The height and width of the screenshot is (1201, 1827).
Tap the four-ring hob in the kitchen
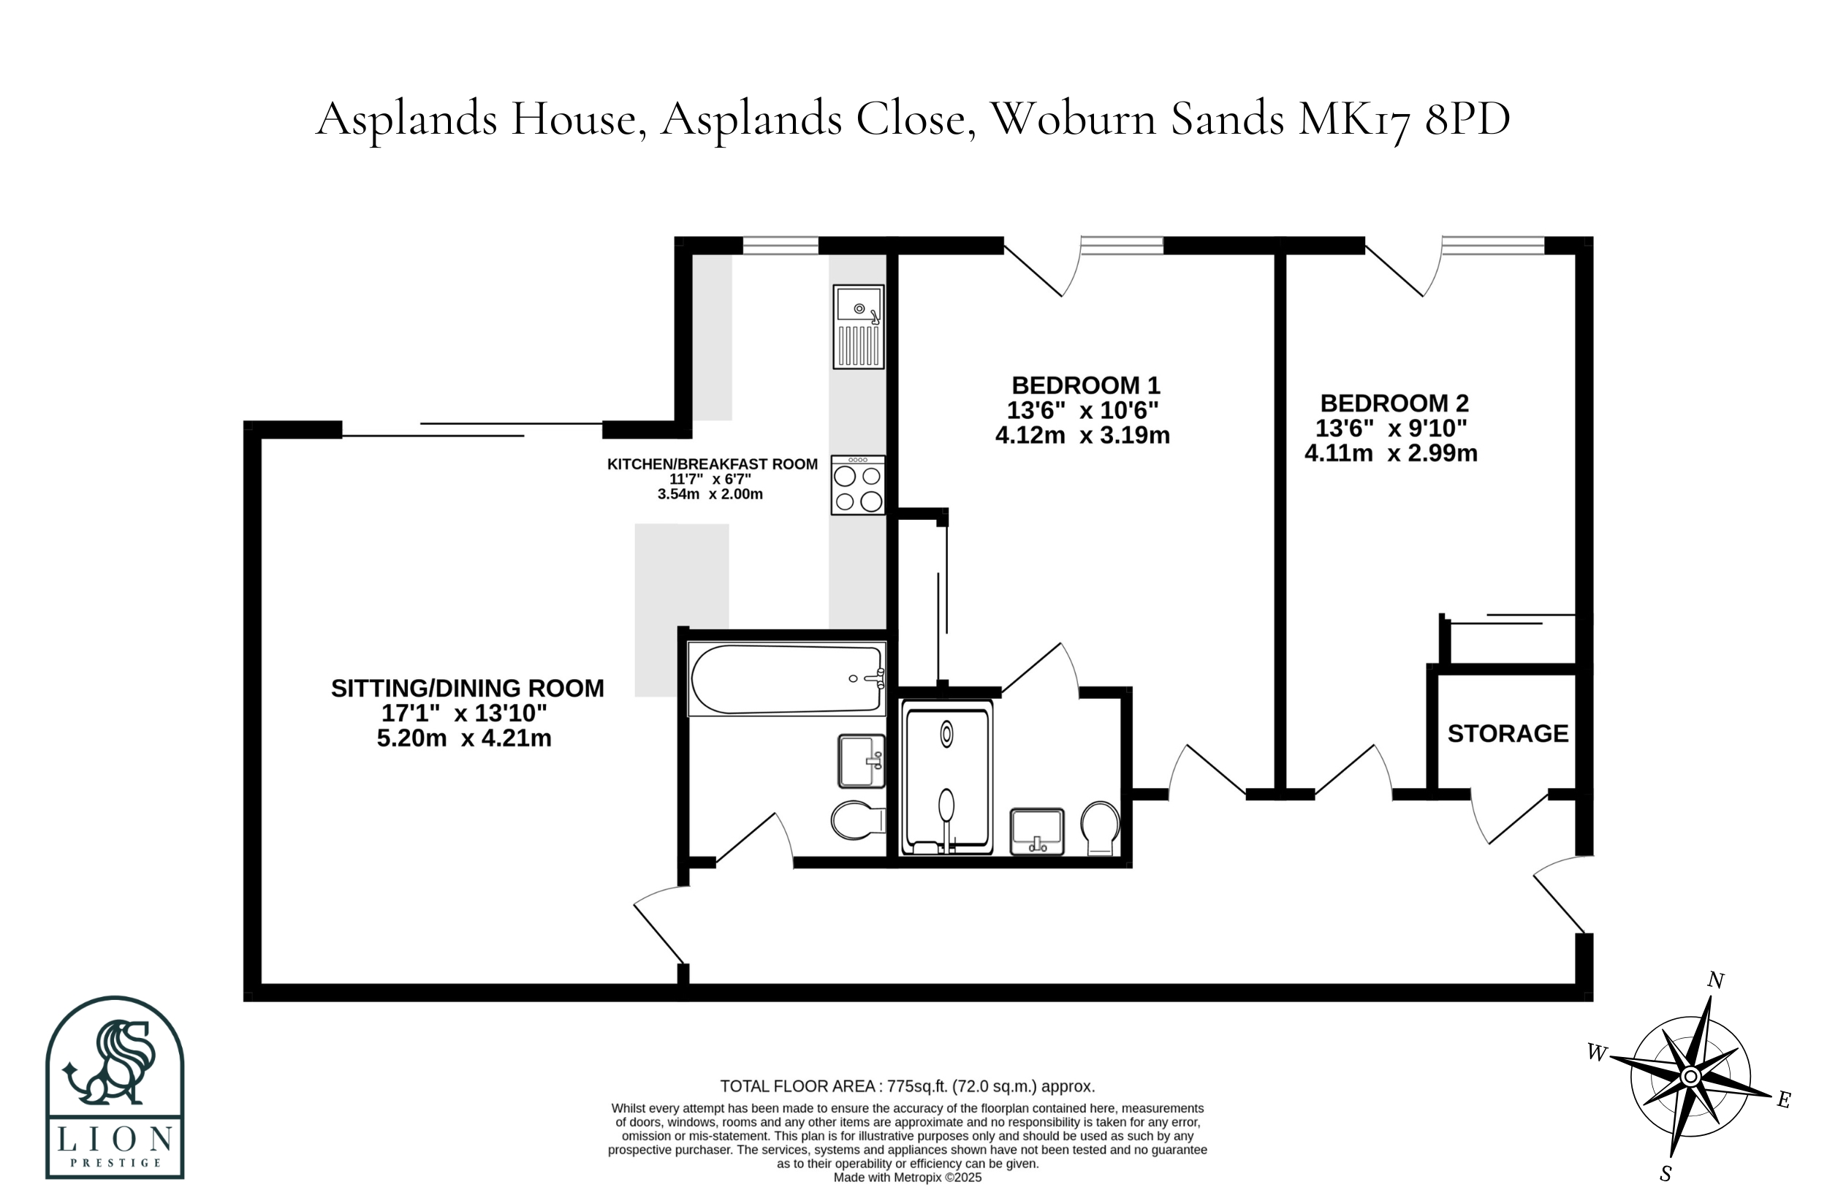(x=857, y=485)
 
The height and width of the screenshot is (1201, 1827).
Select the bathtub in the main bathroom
(x=787, y=679)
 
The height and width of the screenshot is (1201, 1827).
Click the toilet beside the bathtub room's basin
(x=857, y=820)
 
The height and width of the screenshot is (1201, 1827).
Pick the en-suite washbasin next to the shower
(x=1036, y=831)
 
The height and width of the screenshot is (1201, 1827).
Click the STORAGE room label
(x=1508, y=733)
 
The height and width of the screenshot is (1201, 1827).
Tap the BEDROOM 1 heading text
(x=1085, y=384)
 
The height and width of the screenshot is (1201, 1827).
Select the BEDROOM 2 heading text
(x=1394, y=404)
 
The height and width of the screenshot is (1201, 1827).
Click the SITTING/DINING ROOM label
(x=468, y=688)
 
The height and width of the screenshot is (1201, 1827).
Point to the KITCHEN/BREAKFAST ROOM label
(x=713, y=464)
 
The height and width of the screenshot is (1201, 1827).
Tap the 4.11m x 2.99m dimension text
(x=1391, y=453)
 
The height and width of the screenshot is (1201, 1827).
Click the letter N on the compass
(x=1715, y=981)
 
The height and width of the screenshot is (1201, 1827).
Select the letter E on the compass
(x=1784, y=1100)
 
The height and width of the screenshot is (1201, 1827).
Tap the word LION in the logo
(x=115, y=1139)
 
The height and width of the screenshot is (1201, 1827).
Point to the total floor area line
(x=908, y=1086)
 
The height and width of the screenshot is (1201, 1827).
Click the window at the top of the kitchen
(x=780, y=245)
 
